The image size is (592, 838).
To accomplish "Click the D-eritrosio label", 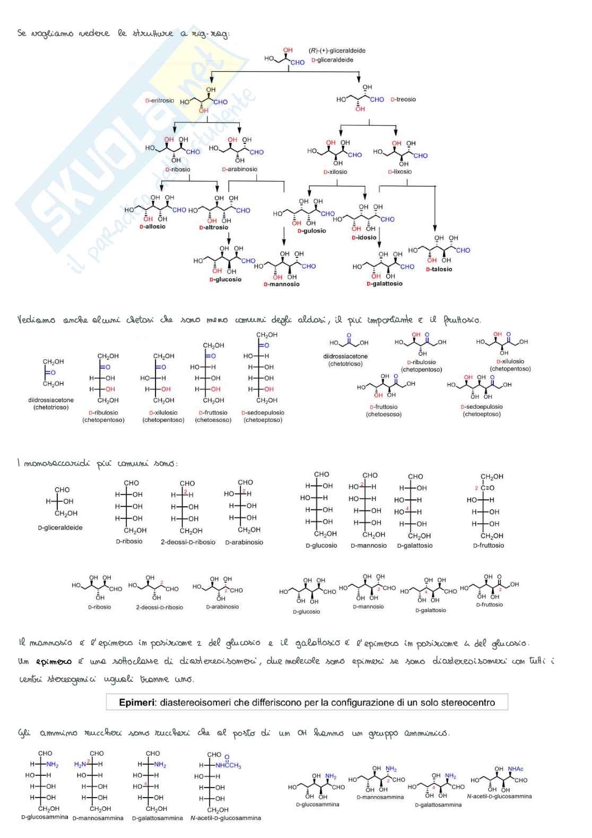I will [160, 100].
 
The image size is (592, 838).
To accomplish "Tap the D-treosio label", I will [403, 99].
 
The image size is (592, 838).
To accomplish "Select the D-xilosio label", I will [335, 172].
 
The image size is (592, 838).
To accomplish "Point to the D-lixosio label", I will [399, 171].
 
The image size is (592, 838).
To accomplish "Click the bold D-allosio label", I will [152, 227].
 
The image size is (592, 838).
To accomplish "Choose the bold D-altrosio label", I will [213, 227].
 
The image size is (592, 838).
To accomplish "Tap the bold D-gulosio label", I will [311, 231].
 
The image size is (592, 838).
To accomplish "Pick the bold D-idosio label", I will [363, 238].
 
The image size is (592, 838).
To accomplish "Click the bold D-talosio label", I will [439, 269].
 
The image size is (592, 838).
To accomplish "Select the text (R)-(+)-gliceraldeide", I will [337, 51].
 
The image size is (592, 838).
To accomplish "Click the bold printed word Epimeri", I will [137, 702].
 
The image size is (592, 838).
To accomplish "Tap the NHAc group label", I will [515, 769].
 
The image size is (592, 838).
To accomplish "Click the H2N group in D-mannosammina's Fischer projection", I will [81, 764].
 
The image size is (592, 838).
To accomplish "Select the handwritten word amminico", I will [426, 733].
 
